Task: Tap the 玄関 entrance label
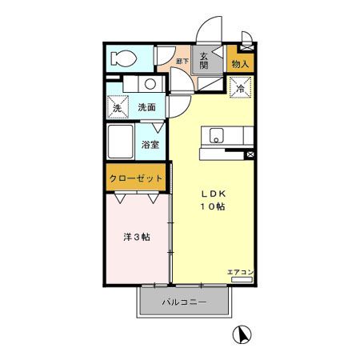point(205,61)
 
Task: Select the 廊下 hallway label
point(182,59)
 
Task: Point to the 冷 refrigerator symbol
point(240,90)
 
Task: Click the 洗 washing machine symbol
point(117,107)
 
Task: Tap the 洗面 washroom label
point(146,107)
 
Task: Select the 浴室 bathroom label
point(150,145)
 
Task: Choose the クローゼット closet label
point(137,178)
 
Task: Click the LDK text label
point(211,192)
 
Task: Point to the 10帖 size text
point(211,206)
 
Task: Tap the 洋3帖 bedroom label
point(134,238)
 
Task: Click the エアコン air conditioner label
point(240,272)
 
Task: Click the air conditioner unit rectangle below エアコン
point(241,279)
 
